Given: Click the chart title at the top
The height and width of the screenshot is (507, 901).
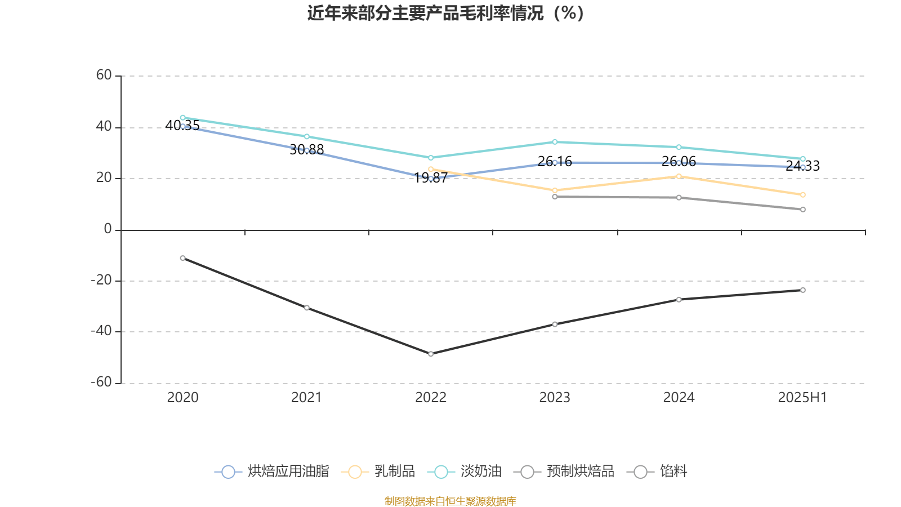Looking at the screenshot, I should tap(445, 14).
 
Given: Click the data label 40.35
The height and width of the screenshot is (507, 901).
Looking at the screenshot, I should tap(182, 126).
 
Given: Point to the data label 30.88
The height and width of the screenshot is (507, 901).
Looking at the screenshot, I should tap(307, 149).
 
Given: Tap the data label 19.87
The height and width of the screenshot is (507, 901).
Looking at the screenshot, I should tap(431, 178).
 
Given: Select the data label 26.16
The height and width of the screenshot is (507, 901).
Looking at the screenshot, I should tap(555, 162).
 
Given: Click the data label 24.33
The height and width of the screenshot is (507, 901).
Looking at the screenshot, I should tap(802, 166).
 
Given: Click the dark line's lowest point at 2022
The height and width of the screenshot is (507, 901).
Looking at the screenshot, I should tap(431, 354).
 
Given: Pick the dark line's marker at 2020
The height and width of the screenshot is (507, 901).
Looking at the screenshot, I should tap(182, 258).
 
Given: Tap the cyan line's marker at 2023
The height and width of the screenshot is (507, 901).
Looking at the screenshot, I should tap(555, 142).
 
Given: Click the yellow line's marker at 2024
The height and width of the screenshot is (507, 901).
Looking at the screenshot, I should tap(679, 176).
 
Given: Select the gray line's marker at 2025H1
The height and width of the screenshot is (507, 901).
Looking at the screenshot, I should tap(803, 210).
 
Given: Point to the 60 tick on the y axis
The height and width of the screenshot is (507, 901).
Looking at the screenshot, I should tap(104, 75).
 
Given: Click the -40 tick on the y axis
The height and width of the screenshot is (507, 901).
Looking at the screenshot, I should tap(102, 331).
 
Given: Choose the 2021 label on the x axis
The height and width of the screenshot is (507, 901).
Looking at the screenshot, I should tap(306, 398).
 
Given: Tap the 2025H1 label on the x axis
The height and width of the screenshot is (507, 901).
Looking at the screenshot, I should tap(802, 398).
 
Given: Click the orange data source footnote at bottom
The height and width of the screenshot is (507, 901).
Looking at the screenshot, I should tap(450, 501).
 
